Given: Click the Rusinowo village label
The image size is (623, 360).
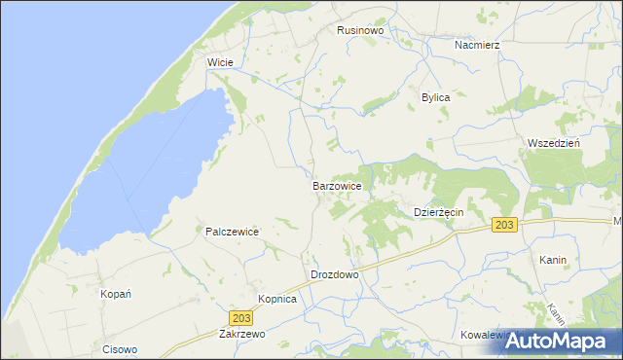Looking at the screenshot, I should (361, 30).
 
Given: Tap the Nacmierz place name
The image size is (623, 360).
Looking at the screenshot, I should (476, 45).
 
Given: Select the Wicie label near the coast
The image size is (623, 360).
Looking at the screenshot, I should (219, 61).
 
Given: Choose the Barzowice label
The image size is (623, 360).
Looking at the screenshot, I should (338, 185).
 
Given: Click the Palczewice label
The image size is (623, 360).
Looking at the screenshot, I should (232, 232).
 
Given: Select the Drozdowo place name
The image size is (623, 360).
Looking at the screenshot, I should (335, 274).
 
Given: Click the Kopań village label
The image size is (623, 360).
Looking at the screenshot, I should (116, 293).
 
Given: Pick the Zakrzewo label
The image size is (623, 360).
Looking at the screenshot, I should (242, 333).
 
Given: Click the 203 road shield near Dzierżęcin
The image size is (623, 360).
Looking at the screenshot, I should (503, 225).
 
